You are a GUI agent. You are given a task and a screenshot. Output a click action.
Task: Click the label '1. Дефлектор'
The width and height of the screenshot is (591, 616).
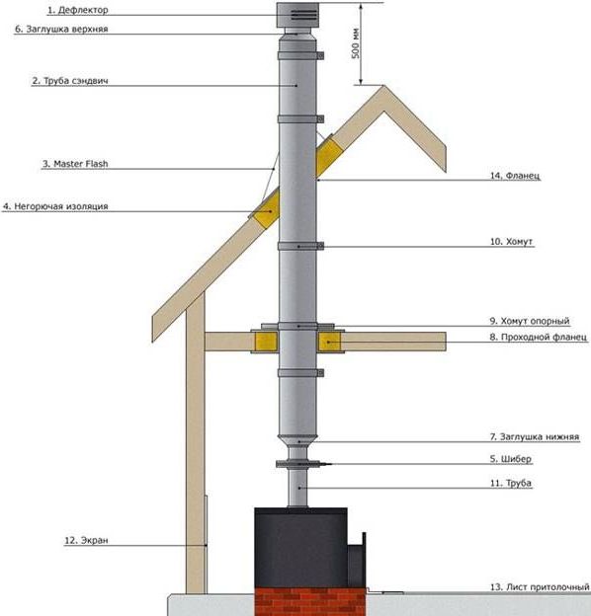coord(77,10)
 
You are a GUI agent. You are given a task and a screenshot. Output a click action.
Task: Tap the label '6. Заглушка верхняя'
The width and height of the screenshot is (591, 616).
coord(61,29)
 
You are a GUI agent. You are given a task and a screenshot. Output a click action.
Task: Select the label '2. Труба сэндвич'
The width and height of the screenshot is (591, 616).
coord(70,81)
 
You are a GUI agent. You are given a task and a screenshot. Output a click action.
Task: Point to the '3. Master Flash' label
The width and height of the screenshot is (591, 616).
coord(75,164)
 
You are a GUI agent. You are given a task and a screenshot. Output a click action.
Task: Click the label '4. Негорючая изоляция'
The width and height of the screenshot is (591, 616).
coord(55,206)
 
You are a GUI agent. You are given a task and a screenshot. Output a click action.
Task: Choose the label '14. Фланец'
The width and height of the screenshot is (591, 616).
coord(515,176)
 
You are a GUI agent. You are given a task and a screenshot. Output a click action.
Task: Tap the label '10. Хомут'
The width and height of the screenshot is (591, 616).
coord(511,242)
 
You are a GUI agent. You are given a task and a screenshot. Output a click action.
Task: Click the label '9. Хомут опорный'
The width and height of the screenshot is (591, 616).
coord(530,321)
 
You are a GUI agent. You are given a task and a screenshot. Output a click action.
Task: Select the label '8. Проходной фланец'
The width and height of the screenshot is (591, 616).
coord(538,337)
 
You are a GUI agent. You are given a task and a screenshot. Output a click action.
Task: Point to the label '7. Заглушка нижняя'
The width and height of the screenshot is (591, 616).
coord(535,437)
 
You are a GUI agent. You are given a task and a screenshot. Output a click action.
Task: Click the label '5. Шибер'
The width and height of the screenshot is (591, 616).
coord(510,459)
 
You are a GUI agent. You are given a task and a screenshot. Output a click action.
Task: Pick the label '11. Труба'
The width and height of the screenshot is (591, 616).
coord(510,483)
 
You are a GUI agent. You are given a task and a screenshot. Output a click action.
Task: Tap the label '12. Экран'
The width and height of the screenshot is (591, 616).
coord(86,541)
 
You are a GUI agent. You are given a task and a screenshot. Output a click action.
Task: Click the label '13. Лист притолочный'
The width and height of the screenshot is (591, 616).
coord(540,587)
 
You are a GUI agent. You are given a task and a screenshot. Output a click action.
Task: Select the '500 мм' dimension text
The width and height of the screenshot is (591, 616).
coord(355,43)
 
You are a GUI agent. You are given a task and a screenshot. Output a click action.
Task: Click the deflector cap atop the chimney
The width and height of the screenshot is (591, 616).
coord(297,16)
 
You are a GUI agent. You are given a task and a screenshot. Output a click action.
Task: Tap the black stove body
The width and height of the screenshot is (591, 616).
coord(300,547)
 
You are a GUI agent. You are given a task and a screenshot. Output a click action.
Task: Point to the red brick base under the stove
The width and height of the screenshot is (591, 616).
coord(310,601)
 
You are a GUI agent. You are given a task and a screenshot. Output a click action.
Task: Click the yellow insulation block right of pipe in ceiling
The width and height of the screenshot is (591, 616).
coord(329,342)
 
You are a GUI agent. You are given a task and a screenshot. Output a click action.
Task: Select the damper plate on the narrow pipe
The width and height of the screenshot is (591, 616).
coord(298,464)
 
